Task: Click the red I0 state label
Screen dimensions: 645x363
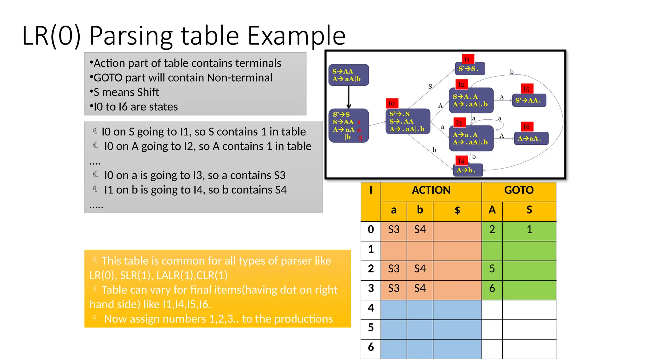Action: pyautogui.click(x=392, y=103)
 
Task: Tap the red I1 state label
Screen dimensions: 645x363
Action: pyautogui.click(x=468, y=59)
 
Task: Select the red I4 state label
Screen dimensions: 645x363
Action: pyautogui.click(x=461, y=161)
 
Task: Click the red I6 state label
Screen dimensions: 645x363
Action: pyautogui.click(x=527, y=127)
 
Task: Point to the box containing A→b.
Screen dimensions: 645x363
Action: pyautogui.click(x=468, y=170)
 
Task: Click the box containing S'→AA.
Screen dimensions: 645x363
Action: pyautogui.click(x=529, y=101)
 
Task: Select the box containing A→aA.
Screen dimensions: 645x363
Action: pyautogui.click(x=531, y=139)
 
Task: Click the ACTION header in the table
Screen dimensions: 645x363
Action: pyautogui.click(x=431, y=190)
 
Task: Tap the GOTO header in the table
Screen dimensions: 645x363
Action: pyautogui.click(x=519, y=190)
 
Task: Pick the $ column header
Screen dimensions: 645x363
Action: pyautogui.click(x=457, y=210)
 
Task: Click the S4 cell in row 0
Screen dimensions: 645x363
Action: pyautogui.click(x=420, y=230)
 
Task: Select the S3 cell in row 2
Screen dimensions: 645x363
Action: pyautogui.click(x=394, y=269)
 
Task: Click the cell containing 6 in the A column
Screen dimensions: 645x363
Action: pyautogui.click(x=492, y=288)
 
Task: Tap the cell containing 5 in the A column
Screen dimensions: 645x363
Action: pyautogui.click(x=492, y=269)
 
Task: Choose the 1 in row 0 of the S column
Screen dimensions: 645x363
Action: pyautogui.click(x=529, y=230)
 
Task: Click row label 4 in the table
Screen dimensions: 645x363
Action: pyautogui.click(x=371, y=308)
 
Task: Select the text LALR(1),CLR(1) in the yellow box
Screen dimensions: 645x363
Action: pyautogui.click(x=192, y=275)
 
